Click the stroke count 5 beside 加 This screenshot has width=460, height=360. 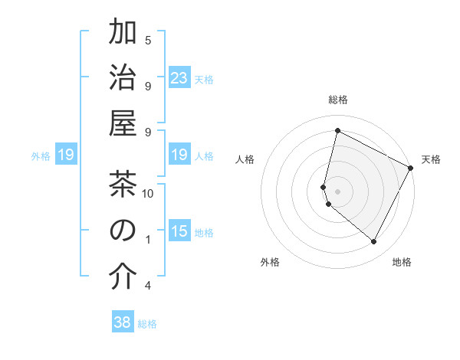click(148, 40)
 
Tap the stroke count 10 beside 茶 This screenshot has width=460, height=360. click(148, 193)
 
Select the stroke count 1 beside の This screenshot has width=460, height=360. click(148, 240)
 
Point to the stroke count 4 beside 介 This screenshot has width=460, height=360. click(148, 286)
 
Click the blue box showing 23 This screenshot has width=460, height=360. click(179, 77)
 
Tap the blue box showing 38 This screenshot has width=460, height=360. click(122, 322)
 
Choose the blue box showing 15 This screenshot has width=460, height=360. click(179, 231)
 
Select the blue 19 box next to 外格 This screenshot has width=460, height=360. click(65, 155)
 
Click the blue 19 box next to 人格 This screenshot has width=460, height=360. click(179, 155)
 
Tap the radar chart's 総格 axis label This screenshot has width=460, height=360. click(338, 100)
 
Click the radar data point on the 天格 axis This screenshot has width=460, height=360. click(411, 168)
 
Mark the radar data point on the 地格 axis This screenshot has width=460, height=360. click(373, 242)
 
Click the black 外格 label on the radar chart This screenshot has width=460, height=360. click(270, 262)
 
